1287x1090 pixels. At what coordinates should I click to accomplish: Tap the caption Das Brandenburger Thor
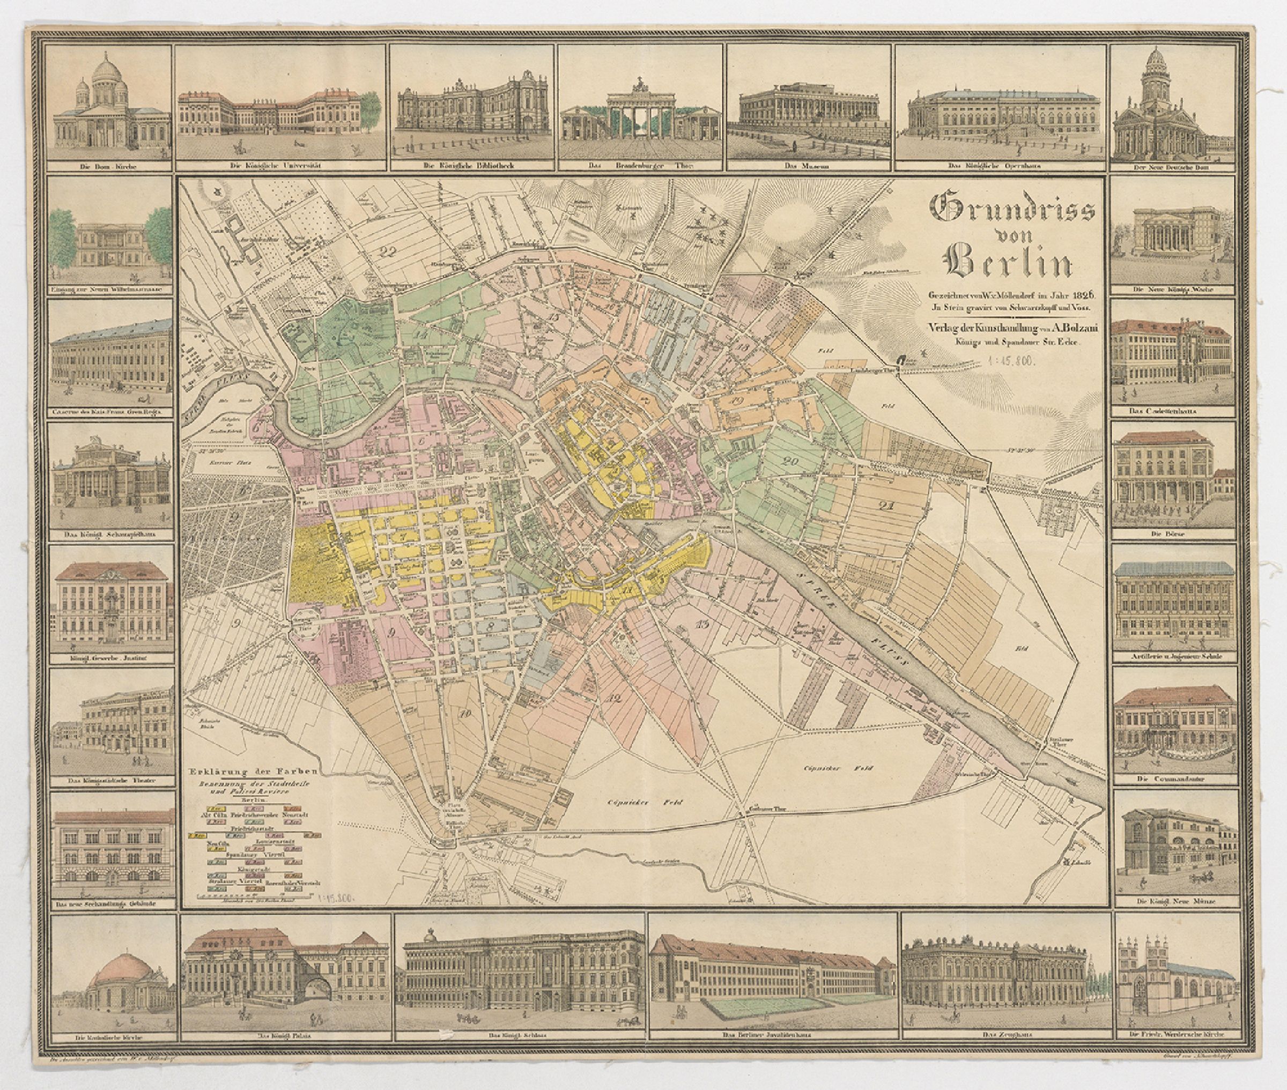pos(640,166)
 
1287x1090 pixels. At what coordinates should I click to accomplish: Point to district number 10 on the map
pos(466,714)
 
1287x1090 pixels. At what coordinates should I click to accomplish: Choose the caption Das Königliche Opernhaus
pos(999,166)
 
